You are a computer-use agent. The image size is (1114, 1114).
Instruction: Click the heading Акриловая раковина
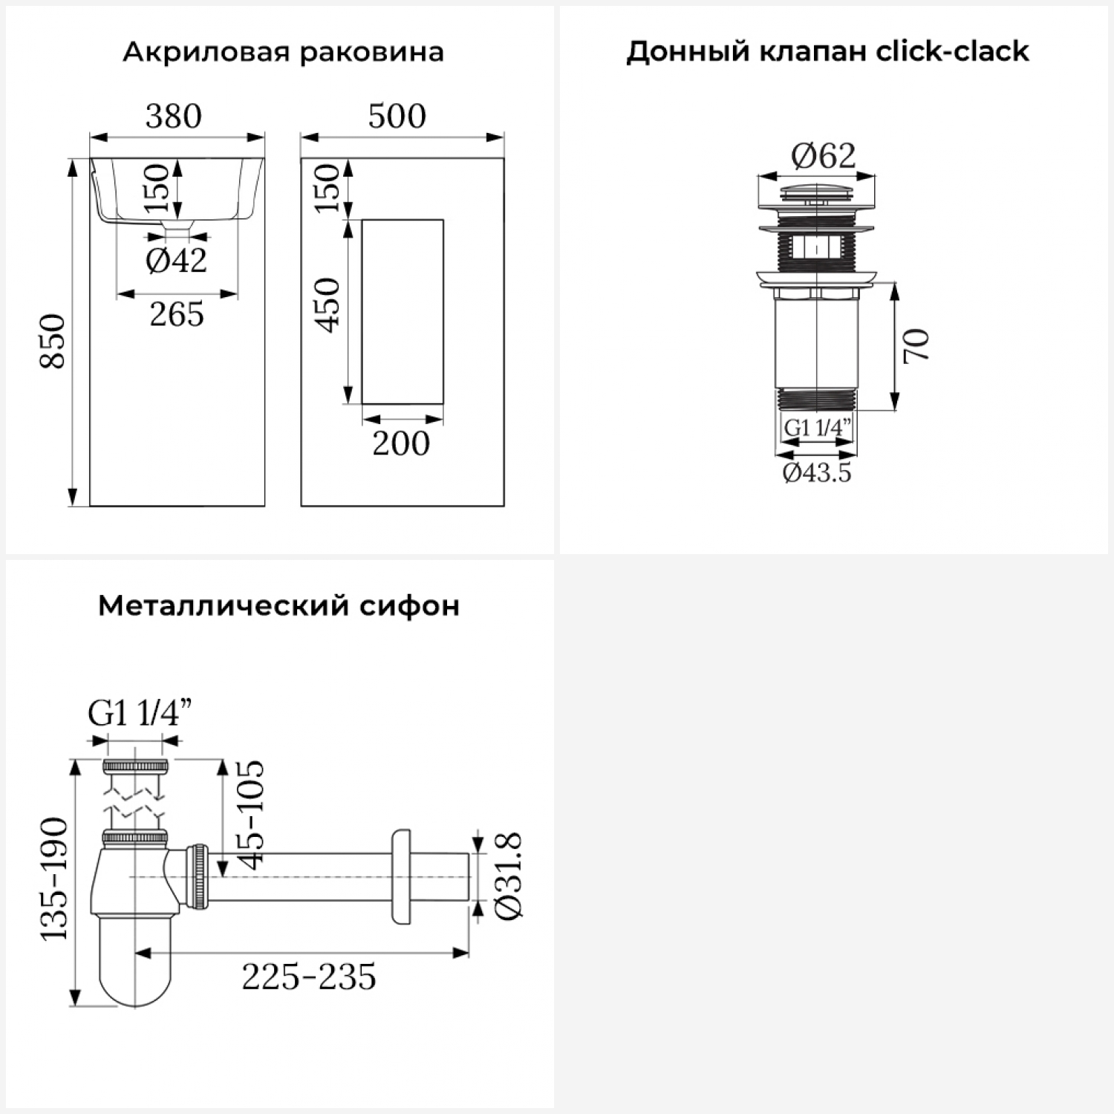pyautogui.click(x=283, y=52)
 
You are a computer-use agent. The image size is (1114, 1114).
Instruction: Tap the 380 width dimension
pyautogui.click(x=174, y=116)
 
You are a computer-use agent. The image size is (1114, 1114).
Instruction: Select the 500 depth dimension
pyautogui.click(x=397, y=116)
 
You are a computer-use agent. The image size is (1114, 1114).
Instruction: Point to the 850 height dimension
pyautogui.click(x=53, y=341)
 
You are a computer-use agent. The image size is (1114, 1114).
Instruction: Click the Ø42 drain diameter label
pyautogui.click(x=176, y=261)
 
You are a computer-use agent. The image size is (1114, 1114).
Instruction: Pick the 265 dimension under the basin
pyautogui.click(x=177, y=314)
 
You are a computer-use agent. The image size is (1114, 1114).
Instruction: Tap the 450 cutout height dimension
pyautogui.click(x=327, y=304)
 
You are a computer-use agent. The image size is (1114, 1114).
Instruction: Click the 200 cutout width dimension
pyautogui.click(x=401, y=443)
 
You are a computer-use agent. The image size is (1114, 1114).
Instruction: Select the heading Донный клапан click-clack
pyautogui.click(x=827, y=52)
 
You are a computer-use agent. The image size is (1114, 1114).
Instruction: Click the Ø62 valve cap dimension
pyautogui.click(x=824, y=156)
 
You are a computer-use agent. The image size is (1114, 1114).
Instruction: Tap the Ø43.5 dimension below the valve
pyautogui.click(x=817, y=472)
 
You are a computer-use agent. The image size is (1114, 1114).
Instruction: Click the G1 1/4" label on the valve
pyautogui.click(x=817, y=428)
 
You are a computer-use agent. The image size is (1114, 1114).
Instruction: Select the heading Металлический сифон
pyautogui.click(x=278, y=606)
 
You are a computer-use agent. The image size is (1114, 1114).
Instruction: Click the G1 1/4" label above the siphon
pyautogui.click(x=140, y=714)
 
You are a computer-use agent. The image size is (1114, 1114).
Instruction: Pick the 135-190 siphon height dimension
pyautogui.click(x=53, y=879)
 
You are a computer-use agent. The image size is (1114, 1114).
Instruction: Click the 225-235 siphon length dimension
pyautogui.click(x=309, y=977)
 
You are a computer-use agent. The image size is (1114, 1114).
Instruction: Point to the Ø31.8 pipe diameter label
pyautogui.click(x=509, y=876)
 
